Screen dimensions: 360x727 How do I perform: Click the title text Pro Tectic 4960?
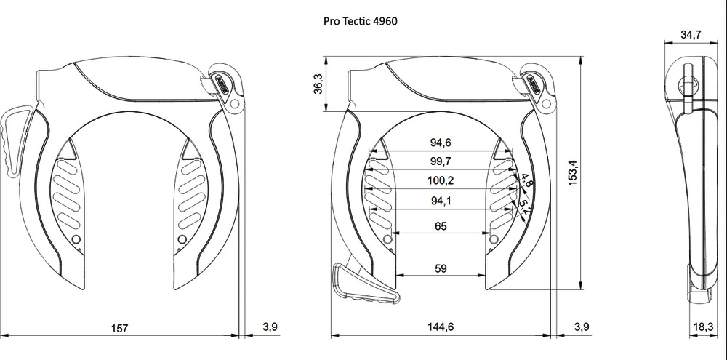[x=360, y=21]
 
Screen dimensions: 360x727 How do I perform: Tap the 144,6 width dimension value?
[x=440, y=327]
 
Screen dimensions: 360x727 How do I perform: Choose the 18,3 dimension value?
[x=702, y=327]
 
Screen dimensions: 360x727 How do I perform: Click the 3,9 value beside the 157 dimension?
[x=269, y=327]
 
